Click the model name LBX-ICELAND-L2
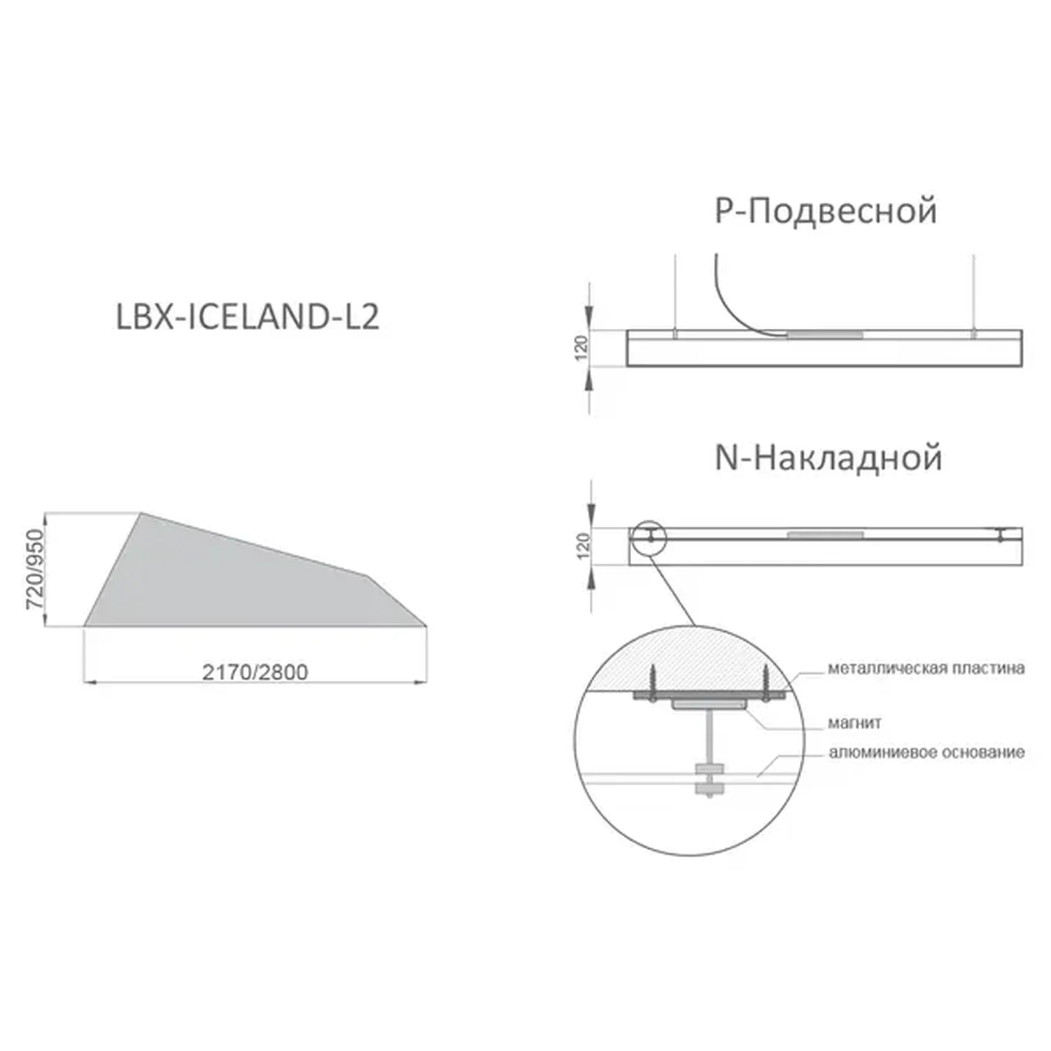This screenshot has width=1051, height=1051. [x=247, y=317]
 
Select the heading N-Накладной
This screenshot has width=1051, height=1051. [x=828, y=458]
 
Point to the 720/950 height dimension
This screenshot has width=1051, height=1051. [x=35, y=569]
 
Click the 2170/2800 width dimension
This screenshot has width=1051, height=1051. [x=255, y=672]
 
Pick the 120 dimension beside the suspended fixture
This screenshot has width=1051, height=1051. [x=581, y=348]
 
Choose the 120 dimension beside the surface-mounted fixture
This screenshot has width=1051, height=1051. [x=584, y=546]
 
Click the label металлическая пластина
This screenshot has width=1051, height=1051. [x=926, y=668]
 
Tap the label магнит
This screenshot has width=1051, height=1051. [x=854, y=723]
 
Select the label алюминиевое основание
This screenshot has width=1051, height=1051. [x=926, y=752]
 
